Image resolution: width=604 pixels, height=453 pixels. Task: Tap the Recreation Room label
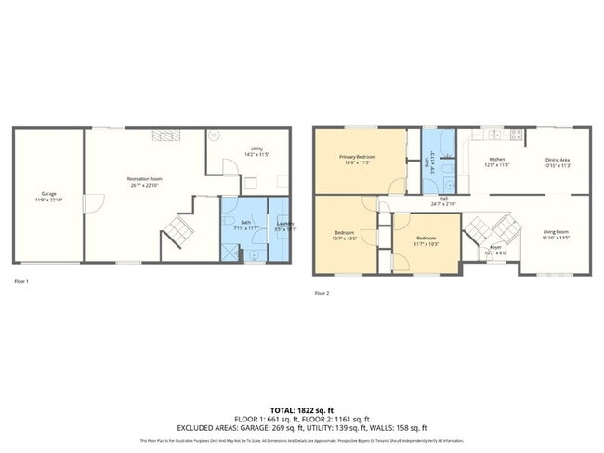pos(145,178)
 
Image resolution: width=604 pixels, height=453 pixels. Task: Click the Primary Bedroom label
pos(358,157)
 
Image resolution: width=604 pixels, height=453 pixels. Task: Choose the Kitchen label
pos(497,160)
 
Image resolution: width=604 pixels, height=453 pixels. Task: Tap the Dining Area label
pos(558,160)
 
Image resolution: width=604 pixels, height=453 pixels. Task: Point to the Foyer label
pos(495,247)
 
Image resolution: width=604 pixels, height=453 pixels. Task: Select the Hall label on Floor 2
pos(444,199)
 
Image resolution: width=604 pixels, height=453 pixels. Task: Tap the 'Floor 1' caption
pos(21,280)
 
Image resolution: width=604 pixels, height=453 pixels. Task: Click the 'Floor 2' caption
pos(322,293)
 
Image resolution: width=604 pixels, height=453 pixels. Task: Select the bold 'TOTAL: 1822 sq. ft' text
pos(302,408)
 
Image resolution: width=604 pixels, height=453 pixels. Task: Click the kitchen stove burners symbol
pos(516,135)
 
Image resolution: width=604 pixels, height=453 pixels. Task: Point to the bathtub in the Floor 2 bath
pos(432,145)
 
